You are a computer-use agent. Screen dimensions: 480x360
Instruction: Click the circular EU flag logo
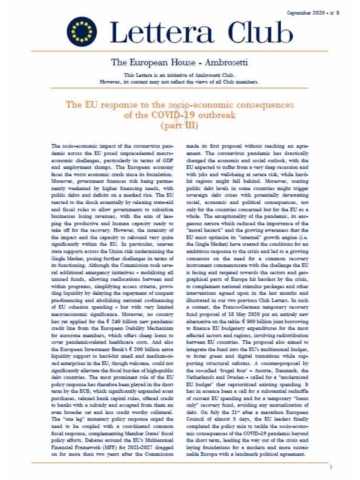pos(82,31)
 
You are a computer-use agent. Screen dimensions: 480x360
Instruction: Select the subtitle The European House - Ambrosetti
pos(179,62)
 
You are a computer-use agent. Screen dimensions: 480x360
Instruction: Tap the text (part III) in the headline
pos(179,126)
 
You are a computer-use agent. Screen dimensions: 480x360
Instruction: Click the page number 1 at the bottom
pos(331,467)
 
